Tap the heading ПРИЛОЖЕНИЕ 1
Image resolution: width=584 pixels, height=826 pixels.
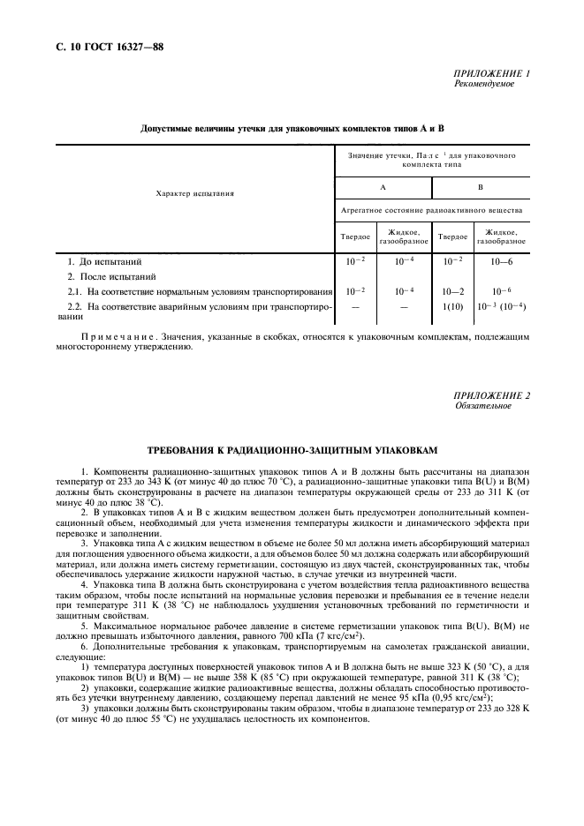491,74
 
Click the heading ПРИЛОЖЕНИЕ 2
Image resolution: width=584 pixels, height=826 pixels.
491,395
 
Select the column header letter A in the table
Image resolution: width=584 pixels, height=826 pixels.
383,187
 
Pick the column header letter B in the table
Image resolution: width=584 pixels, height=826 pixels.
480,187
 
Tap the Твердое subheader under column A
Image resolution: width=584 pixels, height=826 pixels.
355,237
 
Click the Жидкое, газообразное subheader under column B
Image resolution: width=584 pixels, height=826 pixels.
502,237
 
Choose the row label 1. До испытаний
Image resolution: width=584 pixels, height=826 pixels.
104,262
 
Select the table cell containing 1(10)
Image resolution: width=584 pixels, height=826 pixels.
453,305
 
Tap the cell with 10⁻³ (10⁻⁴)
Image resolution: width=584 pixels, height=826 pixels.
502,305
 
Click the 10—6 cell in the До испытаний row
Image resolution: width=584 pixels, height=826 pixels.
502,262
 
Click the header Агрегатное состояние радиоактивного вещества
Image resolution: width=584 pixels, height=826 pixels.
431,211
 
